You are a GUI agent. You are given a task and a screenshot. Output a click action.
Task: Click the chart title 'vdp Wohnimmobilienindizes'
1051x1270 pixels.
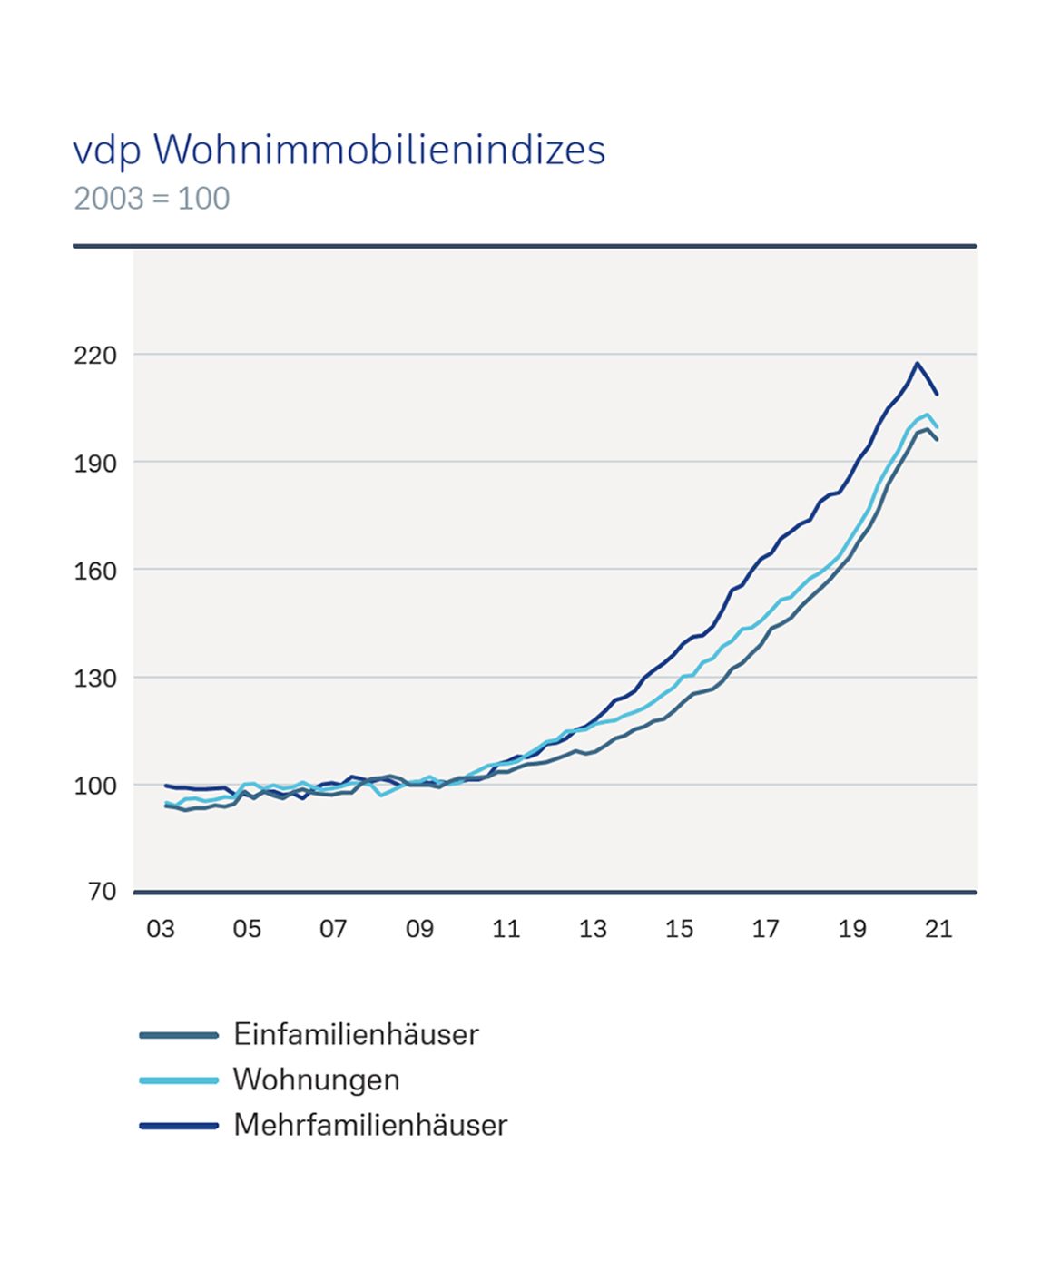(339, 151)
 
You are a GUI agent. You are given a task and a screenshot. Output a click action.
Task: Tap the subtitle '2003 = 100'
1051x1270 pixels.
(152, 199)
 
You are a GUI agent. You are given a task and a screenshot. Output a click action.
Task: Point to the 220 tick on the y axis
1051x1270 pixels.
(95, 355)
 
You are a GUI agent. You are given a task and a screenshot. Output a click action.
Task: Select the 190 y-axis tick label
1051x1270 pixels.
(95, 463)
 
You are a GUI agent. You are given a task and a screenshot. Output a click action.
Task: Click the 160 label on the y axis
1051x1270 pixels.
(95, 571)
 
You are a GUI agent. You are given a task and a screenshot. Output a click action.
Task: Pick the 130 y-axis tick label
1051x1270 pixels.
(95, 678)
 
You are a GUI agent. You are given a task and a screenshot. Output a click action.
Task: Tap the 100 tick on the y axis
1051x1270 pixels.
(95, 786)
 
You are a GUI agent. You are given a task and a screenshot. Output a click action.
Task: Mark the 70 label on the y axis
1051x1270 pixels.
(102, 892)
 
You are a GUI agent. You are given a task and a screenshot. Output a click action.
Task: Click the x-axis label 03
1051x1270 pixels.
(161, 929)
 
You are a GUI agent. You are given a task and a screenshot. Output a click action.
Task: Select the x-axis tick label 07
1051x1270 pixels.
(333, 929)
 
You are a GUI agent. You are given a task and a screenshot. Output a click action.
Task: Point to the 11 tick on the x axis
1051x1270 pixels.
(506, 929)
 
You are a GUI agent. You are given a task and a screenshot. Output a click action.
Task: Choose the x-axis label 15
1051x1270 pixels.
(679, 929)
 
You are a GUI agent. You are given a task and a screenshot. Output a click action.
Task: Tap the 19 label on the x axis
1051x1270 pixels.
(852, 929)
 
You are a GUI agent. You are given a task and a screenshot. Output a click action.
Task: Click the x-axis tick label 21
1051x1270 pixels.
(938, 929)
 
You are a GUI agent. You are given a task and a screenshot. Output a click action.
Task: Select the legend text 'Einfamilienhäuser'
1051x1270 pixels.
(356, 1034)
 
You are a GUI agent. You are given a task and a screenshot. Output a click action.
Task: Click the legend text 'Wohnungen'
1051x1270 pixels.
(316, 1079)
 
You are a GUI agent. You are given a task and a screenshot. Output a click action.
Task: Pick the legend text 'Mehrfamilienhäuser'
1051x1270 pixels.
(370, 1125)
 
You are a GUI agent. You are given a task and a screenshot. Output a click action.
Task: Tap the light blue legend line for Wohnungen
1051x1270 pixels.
(179, 1080)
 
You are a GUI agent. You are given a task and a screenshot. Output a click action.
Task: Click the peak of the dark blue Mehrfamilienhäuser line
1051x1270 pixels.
(918, 364)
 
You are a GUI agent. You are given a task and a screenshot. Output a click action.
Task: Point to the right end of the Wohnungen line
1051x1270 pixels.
(938, 427)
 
